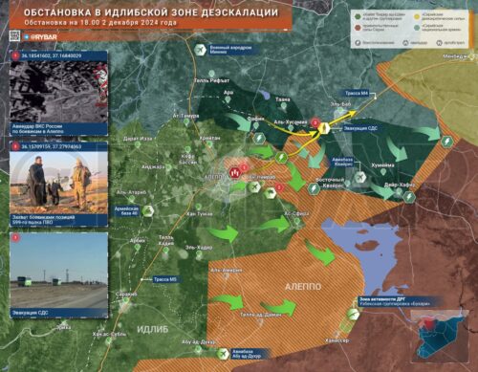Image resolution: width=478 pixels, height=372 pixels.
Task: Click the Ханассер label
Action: click(x=336, y=339)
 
